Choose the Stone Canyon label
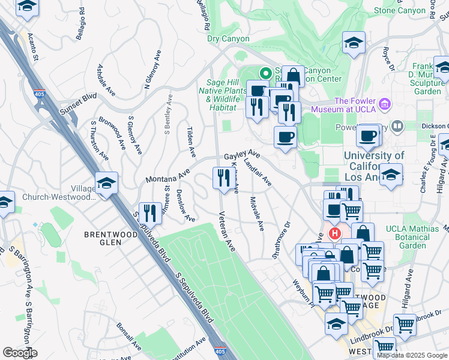pos(402,10)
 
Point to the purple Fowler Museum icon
pos(384,105)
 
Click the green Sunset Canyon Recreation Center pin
pos(264,74)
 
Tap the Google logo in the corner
pos(20,352)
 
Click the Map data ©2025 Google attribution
pos(412,355)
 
